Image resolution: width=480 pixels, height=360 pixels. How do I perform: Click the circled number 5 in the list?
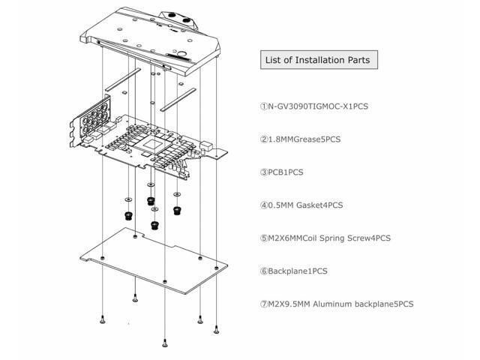(264, 238)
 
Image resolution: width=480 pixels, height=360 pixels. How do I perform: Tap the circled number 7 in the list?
(264, 304)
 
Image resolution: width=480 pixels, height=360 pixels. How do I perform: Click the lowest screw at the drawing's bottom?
(164, 344)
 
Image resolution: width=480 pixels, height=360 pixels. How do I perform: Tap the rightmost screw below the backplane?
(216, 328)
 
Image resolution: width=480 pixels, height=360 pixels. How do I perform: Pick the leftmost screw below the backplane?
(101, 320)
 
